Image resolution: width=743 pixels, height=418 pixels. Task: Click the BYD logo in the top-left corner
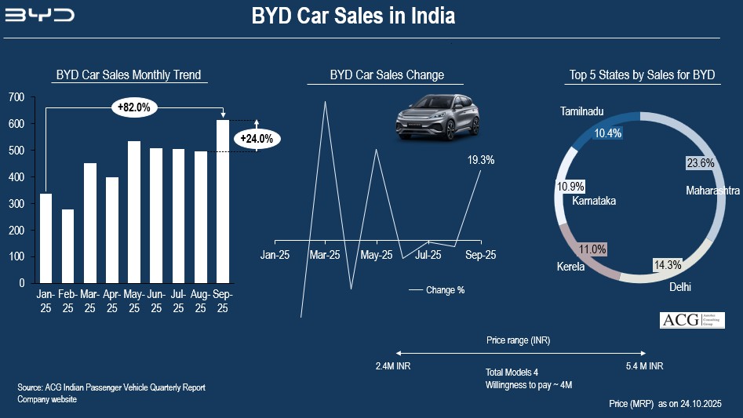point(39,15)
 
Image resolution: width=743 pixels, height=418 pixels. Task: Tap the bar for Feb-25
point(68,245)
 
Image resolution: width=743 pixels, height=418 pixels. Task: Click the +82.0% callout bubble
point(135,107)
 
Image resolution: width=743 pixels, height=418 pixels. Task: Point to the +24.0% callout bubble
point(257,139)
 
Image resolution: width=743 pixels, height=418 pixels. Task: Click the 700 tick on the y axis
point(16,97)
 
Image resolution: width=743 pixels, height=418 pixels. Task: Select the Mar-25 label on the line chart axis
point(324,255)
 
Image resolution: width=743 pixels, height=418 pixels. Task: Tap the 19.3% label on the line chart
point(481,160)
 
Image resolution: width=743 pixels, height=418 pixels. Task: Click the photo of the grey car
point(436,118)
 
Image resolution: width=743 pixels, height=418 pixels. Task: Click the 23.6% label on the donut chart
point(700,163)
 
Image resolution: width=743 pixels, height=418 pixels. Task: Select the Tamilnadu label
point(582,112)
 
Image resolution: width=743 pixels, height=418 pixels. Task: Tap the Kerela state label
point(570,267)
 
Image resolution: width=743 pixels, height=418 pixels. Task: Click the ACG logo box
point(691,319)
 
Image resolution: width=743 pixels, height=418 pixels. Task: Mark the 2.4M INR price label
point(393,366)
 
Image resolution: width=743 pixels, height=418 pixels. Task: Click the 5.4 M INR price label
point(644,366)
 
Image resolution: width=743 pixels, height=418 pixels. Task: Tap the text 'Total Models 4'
point(512,372)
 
